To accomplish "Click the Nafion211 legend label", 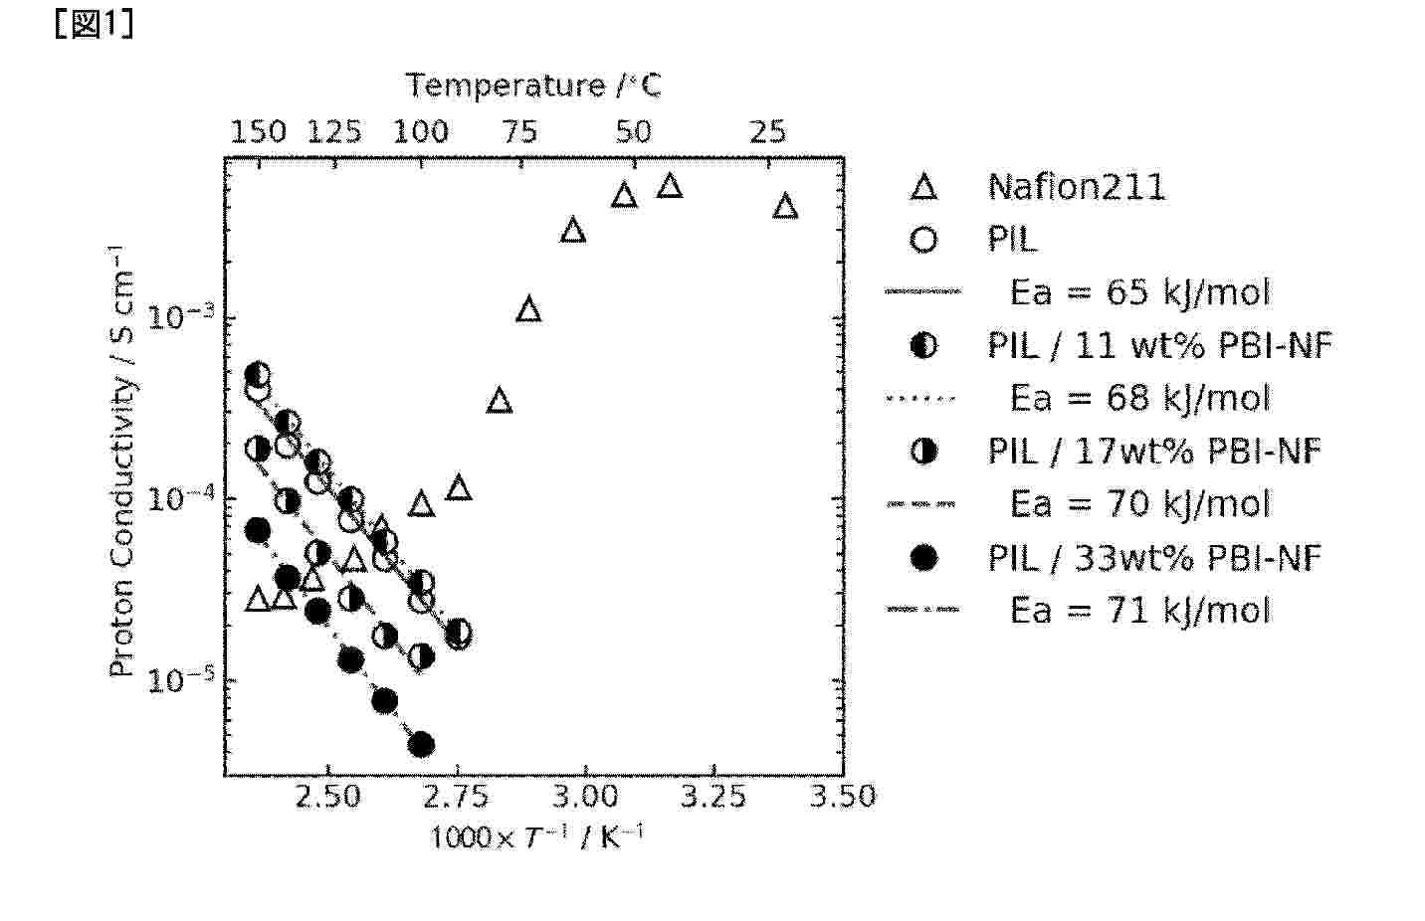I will [x=1076, y=187].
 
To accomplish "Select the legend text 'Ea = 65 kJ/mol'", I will [x=1139, y=292].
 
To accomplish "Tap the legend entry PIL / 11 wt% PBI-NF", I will [x=1159, y=345].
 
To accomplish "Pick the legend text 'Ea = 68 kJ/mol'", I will [x=1139, y=399].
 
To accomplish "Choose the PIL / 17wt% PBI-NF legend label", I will [x=1153, y=452].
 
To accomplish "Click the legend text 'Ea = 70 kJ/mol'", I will [x=1139, y=504].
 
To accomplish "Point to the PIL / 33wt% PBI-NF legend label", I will [x=1153, y=558].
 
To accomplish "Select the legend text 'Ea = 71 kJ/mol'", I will [x=1139, y=610].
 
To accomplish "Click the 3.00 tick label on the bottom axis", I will [x=585, y=797].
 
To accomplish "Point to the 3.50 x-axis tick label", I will [x=843, y=797].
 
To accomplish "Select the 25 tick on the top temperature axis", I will [x=767, y=132].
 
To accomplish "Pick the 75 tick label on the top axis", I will [x=519, y=132].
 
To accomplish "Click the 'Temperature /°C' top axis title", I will [x=533, y=87].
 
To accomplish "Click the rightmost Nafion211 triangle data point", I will [x=785, y=207].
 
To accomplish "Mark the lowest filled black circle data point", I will [x=421, y=744].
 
